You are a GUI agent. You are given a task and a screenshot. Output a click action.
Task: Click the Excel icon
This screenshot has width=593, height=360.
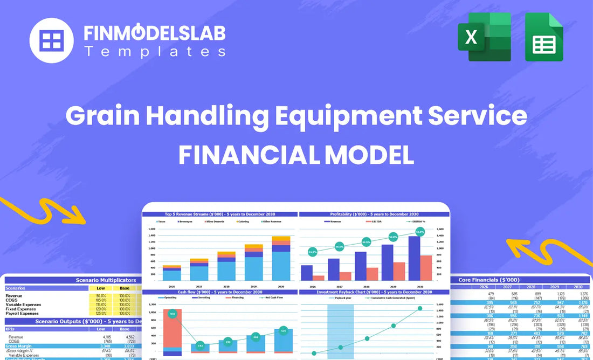coord(484,37)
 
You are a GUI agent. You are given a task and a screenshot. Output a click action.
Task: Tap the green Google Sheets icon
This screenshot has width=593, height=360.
coord(544,37)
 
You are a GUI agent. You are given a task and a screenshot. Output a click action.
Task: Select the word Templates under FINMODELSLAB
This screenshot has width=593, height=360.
coord(155,52)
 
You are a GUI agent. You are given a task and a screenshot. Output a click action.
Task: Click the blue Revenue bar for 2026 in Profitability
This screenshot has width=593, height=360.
coord(307,272)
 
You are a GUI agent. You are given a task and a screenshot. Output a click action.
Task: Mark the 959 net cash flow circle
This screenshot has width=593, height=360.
coord(172,314)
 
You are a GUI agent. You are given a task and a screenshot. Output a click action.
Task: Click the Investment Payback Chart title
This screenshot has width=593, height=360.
coord(375,292)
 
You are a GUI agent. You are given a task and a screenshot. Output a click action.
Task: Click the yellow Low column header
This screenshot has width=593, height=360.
coord(101,288)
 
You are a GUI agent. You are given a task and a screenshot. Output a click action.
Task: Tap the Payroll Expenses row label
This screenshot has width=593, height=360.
coord(22,313)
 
